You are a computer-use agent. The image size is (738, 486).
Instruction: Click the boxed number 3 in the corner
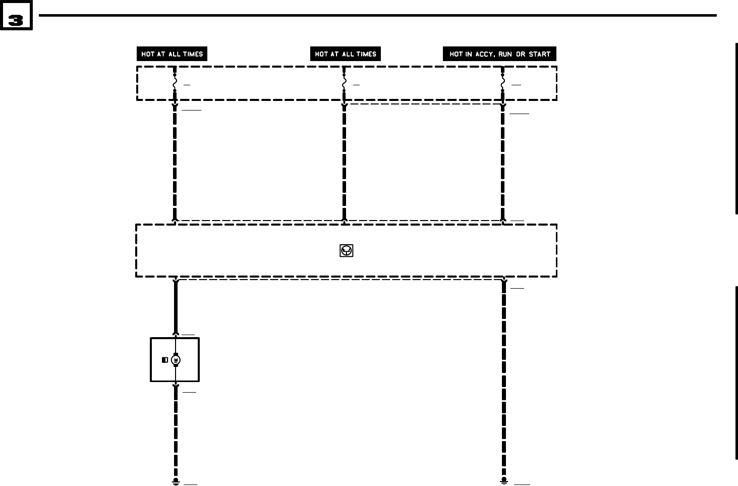pos(16,20)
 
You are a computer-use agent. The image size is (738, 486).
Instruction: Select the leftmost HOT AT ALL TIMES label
pos(172,54)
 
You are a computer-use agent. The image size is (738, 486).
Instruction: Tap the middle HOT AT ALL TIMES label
pos(346,54)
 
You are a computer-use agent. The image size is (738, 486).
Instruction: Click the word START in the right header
pos(539,54)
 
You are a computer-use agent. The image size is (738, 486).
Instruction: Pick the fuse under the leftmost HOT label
pos(175,83)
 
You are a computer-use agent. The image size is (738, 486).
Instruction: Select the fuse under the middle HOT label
pos(344,83)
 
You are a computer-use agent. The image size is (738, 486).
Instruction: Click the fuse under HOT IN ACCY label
pos(503,83)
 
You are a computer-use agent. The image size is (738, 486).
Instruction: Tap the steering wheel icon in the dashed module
pos(347,250)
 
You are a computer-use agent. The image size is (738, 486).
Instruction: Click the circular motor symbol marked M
pos(176,360)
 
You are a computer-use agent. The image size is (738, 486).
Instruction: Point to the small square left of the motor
pos(165,360)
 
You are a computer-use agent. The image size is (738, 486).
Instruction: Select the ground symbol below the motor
pos(176,481)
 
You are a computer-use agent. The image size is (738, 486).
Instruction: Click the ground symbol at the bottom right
pos(503,480)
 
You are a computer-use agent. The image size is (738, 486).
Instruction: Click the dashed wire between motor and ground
pos(176,434)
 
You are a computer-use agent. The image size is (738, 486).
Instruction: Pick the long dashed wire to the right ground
pos(503,379)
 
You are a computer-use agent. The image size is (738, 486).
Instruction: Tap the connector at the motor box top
pos(176,334)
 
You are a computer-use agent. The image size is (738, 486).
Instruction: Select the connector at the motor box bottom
pos(176,386)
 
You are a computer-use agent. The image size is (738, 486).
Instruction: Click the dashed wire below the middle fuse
pos(344,161)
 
